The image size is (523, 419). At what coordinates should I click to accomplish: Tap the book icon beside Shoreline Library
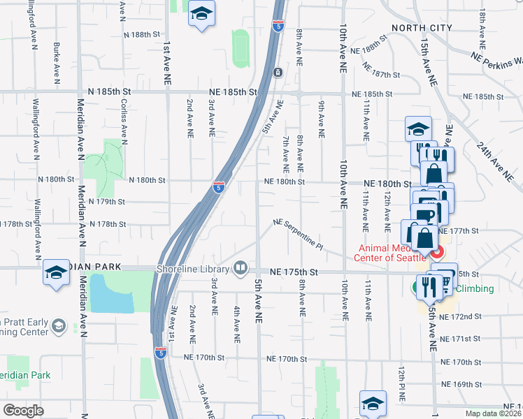click(x=241, y=267)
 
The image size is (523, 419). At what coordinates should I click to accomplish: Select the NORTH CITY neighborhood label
click(x=417, y=28)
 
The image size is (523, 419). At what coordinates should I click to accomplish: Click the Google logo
click(x=23, y=411)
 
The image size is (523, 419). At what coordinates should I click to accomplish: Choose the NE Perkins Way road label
click(x=496, y=59)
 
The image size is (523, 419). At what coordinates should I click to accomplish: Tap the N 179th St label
click(x=107, y=202)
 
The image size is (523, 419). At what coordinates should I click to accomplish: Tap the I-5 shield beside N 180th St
click(x=219, y=186)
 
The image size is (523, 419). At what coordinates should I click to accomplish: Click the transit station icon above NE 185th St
click(x=278, y=72)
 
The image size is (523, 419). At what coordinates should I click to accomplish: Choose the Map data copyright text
click(x=494, y=413)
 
